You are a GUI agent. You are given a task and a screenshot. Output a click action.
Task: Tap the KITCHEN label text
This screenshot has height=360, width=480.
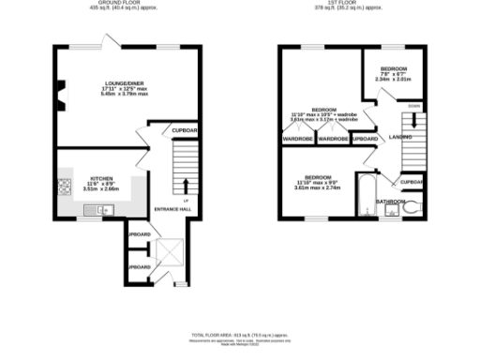(101, 177)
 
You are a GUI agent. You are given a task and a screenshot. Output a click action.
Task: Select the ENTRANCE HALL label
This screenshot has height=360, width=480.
(172, 209)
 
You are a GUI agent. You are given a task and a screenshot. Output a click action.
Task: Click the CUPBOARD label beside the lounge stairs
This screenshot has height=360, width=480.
(184, 130)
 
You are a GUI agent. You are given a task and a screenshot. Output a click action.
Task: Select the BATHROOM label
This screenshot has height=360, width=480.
(390, 202)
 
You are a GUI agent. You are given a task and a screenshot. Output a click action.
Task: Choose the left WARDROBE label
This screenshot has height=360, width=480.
(297, 139)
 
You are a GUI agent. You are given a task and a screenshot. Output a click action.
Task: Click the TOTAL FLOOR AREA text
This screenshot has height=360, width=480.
(240, 335)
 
